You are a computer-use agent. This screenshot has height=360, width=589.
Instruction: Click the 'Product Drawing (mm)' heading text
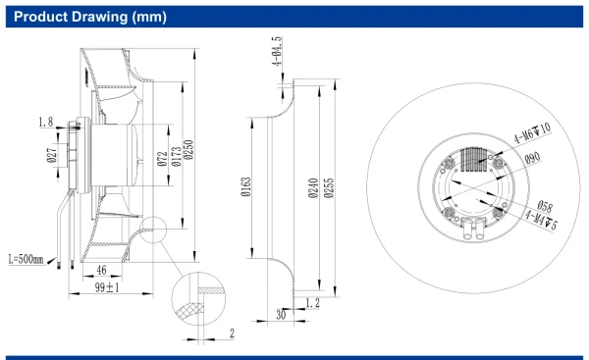[x=90, y=17]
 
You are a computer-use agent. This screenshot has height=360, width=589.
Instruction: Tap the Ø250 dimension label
[x=188, y=149]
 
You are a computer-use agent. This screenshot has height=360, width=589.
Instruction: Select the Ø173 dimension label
[x=176, y=157]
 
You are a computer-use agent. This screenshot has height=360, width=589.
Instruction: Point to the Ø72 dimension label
[x=162, y=159]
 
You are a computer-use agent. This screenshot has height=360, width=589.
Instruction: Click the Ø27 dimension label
[x=52, y=155]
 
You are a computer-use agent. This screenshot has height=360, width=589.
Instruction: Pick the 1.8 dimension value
[x=46, y=122]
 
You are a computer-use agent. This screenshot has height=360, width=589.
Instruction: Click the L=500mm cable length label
[x=26, y=259]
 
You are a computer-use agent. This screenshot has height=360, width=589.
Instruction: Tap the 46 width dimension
[x=101, y=270]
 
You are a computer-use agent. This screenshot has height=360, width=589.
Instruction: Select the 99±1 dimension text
[x=107, y=287]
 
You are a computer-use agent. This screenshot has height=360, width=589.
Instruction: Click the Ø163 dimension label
[x=245, y=187]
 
